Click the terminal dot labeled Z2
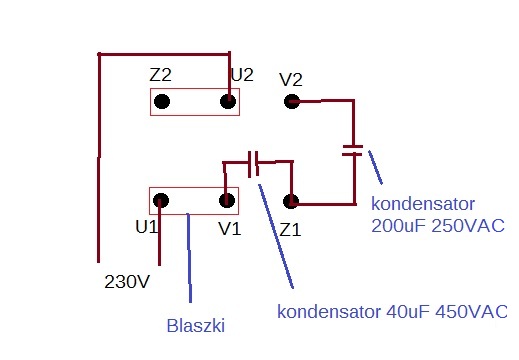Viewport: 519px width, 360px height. (162, 101)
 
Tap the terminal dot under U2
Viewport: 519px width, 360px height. (228, 101)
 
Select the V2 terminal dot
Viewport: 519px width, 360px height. (292, 101)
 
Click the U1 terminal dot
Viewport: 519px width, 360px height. (161, 200)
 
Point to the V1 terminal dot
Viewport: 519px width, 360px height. (227, 200)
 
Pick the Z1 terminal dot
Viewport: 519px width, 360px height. (291, 201)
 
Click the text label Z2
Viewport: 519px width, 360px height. (160, 75)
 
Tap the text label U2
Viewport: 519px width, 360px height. (242, 75)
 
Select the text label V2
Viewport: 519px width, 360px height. (291, 80)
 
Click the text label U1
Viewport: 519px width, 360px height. (146, 227)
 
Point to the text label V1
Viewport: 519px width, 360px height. (230, 229)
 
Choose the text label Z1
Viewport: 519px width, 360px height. (290, 230)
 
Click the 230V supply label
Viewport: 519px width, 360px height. (127, 282)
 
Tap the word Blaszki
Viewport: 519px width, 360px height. (196, 326)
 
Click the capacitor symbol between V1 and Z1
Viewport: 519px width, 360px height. (253, 164)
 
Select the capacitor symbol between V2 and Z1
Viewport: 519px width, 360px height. (352, 150)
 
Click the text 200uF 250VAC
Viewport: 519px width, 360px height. (438, 226)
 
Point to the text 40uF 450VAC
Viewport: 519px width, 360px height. (447, 312)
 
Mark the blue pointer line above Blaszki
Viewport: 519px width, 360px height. (189, 258)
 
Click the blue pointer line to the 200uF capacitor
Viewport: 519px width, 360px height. (375, 167)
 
